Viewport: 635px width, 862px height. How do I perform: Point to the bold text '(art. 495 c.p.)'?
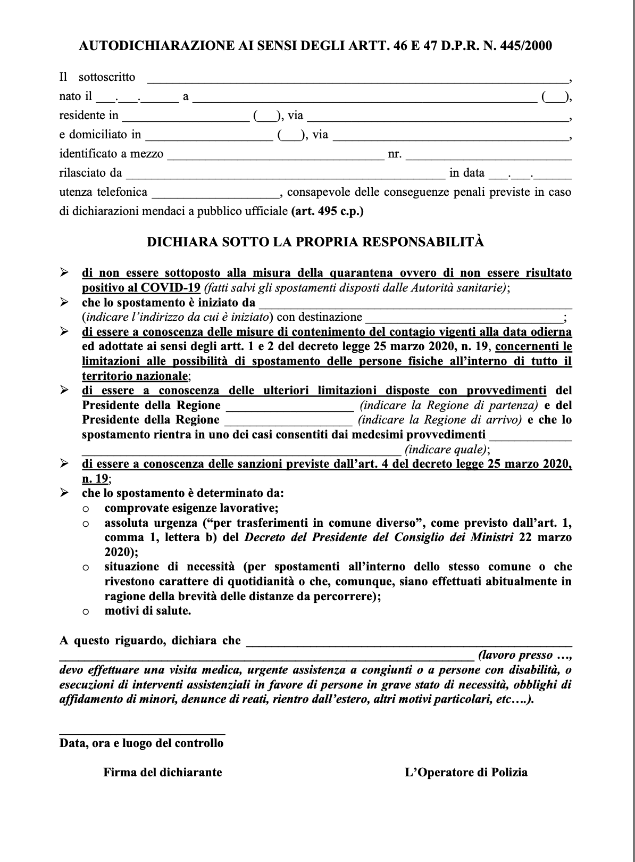click(328, 211)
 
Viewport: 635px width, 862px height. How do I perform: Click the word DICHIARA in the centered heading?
click(179, 242)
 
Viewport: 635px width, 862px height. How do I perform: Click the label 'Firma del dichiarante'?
click(163, 772)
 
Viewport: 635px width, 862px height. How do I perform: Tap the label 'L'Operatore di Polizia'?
click(466, 772)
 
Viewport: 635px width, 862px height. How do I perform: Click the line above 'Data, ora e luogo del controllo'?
click(142, 733)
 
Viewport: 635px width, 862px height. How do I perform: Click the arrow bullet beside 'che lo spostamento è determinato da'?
click(64, 493)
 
